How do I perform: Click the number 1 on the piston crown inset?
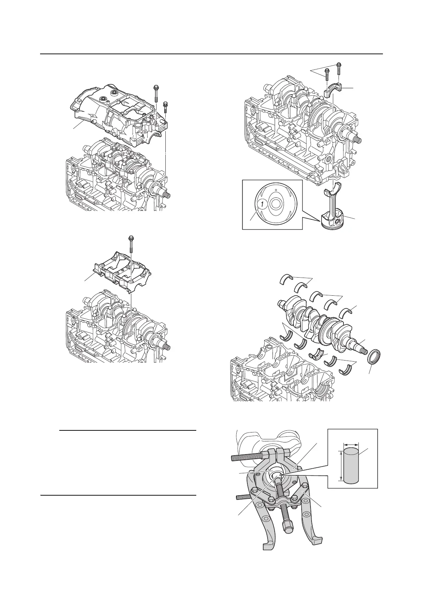pyautogui.click(x=260, y=205)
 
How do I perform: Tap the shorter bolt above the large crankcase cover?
pyautogui.click(x=165, y=108)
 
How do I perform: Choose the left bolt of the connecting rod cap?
pyautogui.click(x=326, y=75)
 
